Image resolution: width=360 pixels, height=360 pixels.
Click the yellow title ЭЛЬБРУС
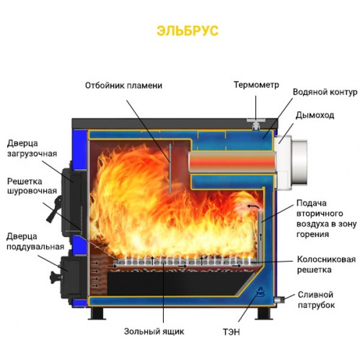click(187, 31)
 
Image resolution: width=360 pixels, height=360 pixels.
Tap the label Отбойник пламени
click(124, 85)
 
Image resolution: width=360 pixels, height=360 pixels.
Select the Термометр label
click(256, 85)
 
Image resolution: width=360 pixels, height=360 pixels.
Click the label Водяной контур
click(325, 92)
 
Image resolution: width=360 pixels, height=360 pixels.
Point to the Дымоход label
click(314, 115)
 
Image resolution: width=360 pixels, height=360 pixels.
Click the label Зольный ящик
click(154, 332)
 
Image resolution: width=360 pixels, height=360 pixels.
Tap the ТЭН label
click(231, 332)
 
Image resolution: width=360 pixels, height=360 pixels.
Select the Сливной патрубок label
click(316, 300)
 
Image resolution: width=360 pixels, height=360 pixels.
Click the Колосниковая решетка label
click(326, 264)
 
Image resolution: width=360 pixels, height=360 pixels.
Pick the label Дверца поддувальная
click(35, 241)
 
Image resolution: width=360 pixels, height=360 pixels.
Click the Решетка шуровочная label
click(32, 186)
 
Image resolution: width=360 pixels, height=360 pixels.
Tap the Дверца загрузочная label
click(32, 148)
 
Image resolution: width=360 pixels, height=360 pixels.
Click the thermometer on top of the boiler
click(256, 123)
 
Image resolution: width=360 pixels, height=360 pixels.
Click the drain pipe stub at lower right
click(280, 299)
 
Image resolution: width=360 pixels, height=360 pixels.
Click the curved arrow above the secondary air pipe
click(253, 206)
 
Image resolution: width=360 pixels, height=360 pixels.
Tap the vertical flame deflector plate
click(170, 169)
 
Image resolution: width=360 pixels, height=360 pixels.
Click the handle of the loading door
click(55, 210)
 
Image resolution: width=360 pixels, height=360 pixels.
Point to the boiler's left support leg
click(97, 313)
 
